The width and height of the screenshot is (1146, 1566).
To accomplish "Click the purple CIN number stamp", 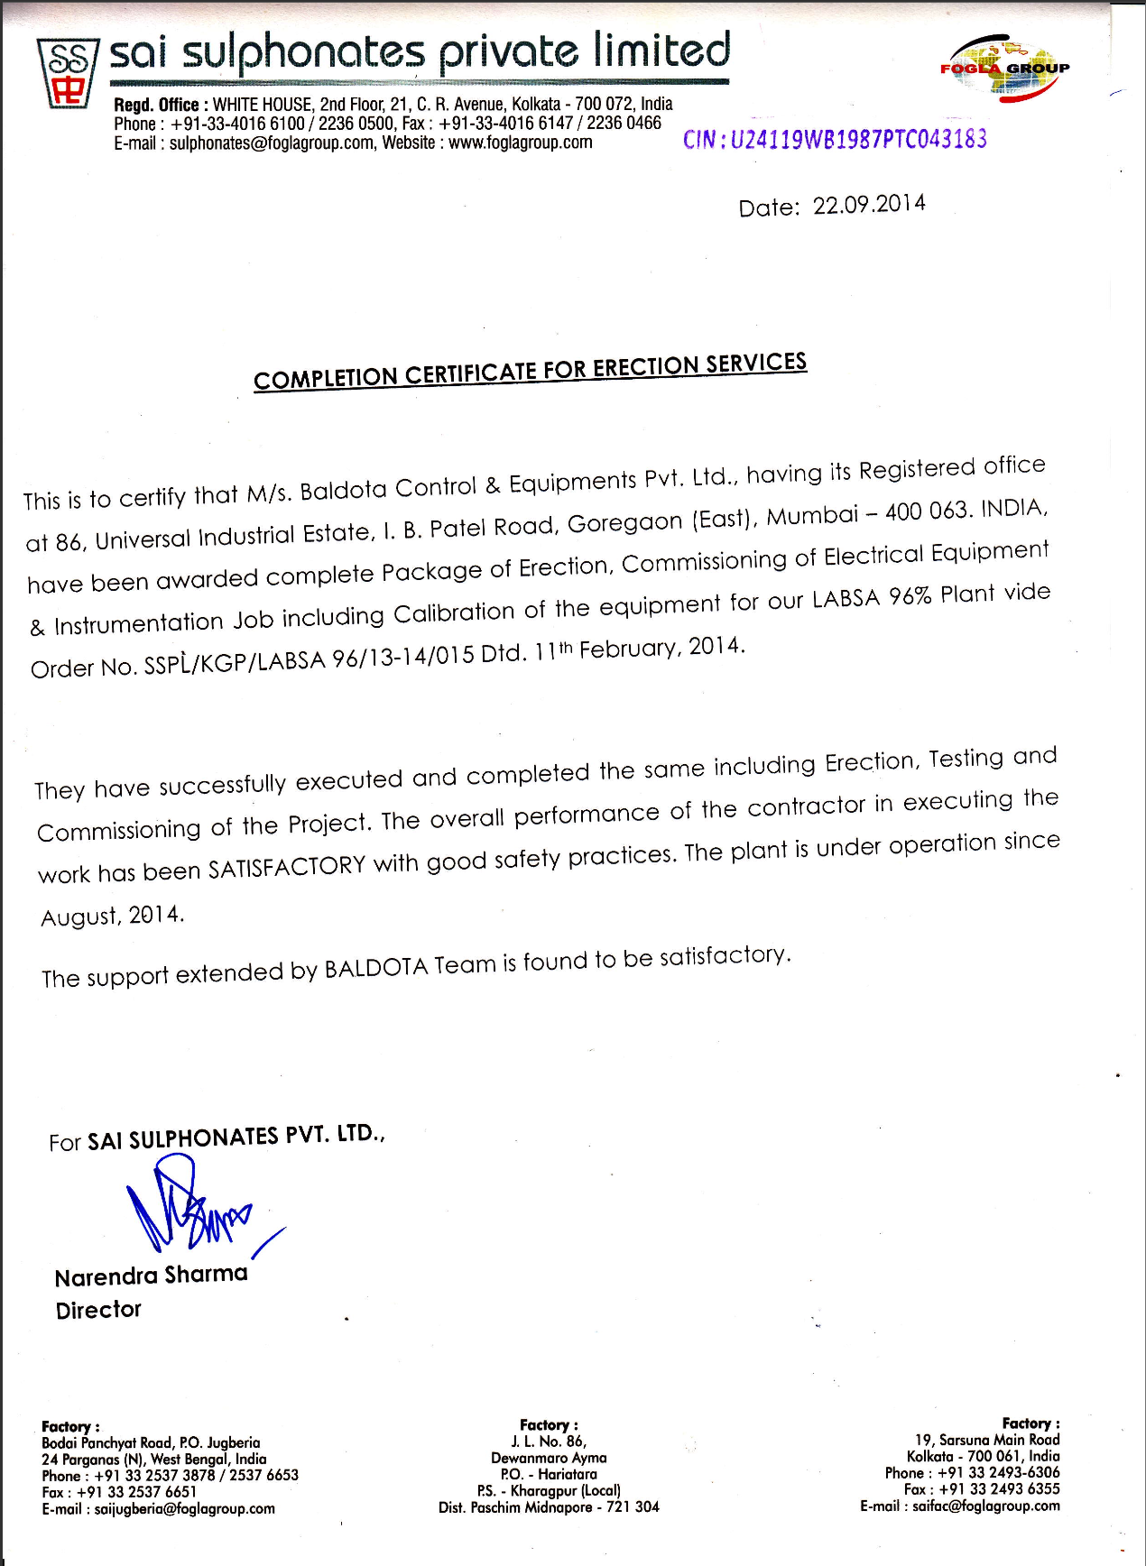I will pos(835,139).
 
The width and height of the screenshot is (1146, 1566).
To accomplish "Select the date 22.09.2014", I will pos(869,205).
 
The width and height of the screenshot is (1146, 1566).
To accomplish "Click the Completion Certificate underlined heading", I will pos(530,371).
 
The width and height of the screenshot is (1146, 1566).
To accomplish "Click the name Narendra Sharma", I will pos(151,1276).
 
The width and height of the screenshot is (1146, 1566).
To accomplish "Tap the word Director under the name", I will pos(98,1310).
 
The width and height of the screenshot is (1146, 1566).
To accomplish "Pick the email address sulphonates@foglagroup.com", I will pos(272,143).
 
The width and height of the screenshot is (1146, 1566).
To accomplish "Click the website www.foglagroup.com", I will pos(521,143).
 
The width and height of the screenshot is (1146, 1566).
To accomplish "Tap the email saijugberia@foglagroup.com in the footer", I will pos(185,1508).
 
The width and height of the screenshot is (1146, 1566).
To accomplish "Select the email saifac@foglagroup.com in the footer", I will pos(986,1506).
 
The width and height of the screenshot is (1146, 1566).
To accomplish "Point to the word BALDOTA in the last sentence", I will pos(376,968).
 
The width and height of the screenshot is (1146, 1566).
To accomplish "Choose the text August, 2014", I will pos(113,917).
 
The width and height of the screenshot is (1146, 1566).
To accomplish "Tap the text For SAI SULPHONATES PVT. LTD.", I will pos(217,1138).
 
